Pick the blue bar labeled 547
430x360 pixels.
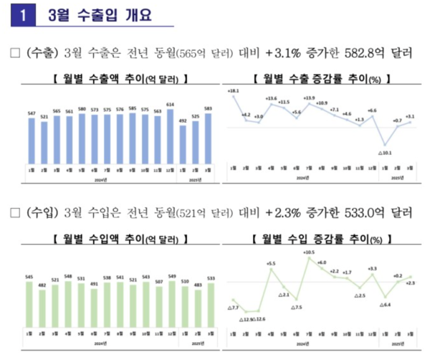point(32,139)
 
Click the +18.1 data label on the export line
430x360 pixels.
point(233,92)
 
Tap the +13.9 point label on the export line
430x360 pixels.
point(309,98)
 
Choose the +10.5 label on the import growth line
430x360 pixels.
point(309,252)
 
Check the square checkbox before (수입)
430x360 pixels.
point(15,213)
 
